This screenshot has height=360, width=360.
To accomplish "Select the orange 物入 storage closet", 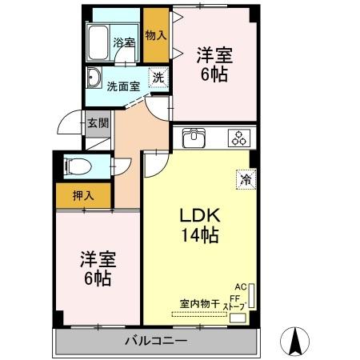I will [x=156, y=35].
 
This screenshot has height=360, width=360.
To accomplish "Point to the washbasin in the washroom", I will [x=94, y=78].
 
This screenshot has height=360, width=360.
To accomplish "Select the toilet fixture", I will [x=74, y=166].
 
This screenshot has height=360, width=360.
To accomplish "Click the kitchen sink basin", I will [x=194, y=138].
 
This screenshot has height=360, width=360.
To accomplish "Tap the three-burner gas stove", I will [x=238, y=138].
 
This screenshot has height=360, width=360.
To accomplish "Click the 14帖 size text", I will [x=199, y=236].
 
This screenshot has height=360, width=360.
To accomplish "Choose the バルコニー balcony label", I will [x=156, y=342].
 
